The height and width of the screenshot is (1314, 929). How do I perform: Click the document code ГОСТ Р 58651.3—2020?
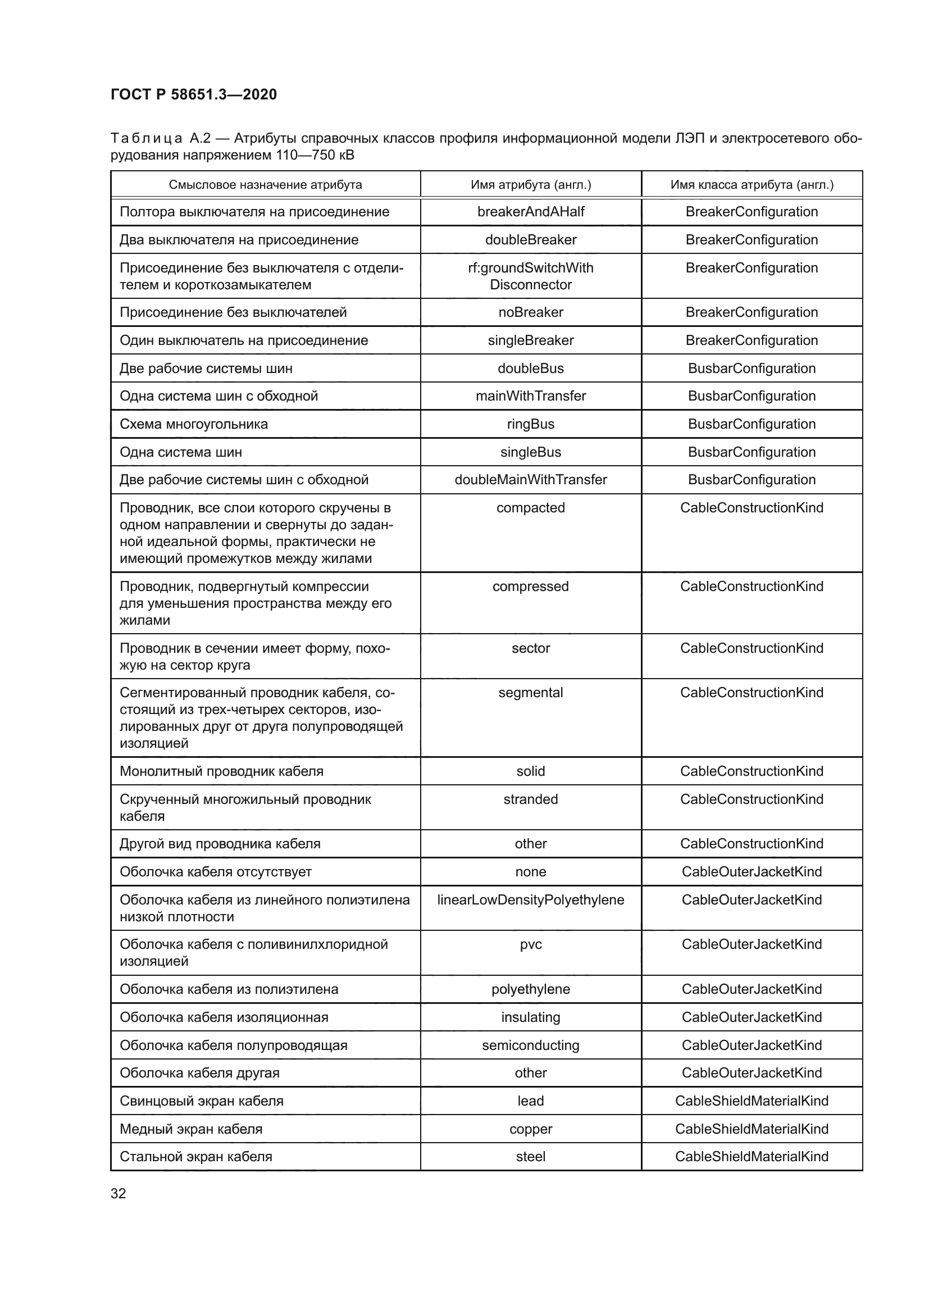pos(193,94)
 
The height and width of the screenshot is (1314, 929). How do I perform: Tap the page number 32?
pos(119,1193)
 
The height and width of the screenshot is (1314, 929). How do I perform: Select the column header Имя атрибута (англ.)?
pos(530,185)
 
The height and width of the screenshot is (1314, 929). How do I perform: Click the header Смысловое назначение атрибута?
pos(265,185)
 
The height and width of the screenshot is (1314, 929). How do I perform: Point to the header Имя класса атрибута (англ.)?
pos(752,185)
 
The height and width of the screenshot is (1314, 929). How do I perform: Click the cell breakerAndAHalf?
pos(530,212)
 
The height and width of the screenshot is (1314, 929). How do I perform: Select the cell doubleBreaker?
pos(530,240)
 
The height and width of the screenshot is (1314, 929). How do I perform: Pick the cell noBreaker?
pos(530,312)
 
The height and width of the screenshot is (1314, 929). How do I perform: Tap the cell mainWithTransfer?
pos(530,396)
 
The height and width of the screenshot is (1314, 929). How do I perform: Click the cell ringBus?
pos(530,424)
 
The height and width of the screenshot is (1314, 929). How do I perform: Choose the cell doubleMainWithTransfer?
pos(530,480)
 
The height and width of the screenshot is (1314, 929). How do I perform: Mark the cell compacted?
pos(530,508)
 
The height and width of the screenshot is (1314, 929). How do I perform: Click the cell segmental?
pos(530,693)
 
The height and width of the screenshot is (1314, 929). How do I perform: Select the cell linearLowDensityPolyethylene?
pos(530,899)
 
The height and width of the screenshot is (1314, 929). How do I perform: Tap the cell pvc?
pos(530,944)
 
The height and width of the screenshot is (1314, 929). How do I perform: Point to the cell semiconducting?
pos(530,1045)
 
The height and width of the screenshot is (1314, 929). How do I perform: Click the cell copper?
pos(530,1129)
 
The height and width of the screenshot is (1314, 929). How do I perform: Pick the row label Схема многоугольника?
pos(193,424)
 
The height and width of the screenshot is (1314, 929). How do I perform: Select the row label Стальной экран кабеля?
pos(195,1156)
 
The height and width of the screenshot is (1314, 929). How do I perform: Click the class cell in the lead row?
pos(752,1101)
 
